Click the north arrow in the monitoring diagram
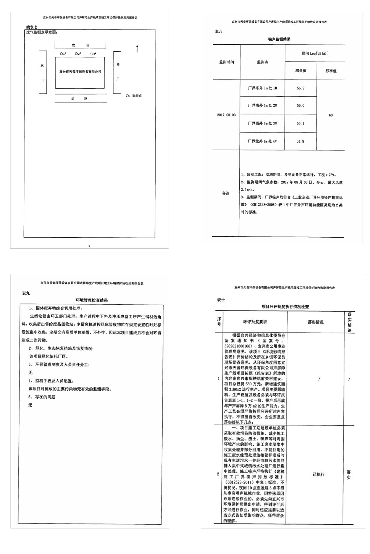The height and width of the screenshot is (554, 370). (x=137, y=49)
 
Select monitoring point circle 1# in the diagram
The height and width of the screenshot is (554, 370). (x=62, y=54)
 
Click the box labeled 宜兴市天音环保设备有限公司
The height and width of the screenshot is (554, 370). (x=80, y=72)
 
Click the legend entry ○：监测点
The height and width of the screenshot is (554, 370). (x=134, y=96)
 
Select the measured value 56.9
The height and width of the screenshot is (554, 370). (x=300, y=88)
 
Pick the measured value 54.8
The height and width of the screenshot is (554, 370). (x=300, y=142)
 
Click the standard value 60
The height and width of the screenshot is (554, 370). (x=331, y=115)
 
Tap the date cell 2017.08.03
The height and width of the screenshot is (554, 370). (x=226, y=115)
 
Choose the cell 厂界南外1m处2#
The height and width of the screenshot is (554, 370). (x=262, y=106)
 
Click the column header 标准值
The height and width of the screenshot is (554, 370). (x=331, y=71)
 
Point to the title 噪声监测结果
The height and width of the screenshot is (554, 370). (x=279, y=39)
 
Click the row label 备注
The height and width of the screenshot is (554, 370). (x=226, y=194)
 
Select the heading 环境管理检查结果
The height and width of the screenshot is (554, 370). (x=92, y=300)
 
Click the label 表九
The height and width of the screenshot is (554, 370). (x=26, y=293)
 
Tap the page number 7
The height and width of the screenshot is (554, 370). (x=89, y=246)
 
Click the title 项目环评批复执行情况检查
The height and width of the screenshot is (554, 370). (x=285, y=307)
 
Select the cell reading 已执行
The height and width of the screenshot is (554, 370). (x=319, y=475)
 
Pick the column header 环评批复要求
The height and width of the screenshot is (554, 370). (x=255, y=322)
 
